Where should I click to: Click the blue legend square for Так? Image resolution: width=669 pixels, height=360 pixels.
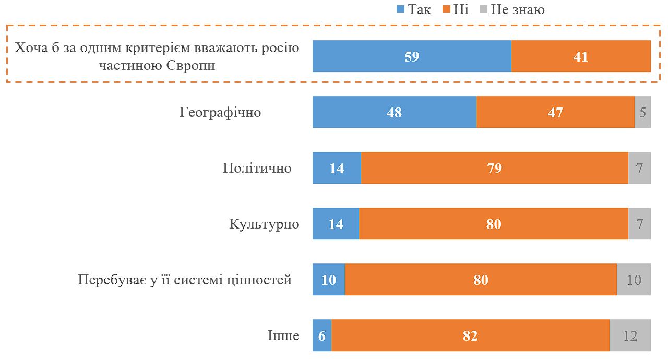[401, 9]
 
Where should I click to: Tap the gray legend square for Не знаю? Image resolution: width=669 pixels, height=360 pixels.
[483, 9]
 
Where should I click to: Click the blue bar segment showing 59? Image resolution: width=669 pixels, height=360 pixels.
[412, 56]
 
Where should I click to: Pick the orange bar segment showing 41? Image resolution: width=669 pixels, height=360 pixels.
[581, 56]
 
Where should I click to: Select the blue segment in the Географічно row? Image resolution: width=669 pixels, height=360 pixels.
[395, 112]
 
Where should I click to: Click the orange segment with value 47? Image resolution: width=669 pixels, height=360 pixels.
[555, 112]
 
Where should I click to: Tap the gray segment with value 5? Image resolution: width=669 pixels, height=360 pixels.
[642, 112]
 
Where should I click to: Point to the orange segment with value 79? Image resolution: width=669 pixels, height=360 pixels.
[494, 168]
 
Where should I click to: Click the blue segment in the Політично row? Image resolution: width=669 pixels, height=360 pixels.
[337, 168]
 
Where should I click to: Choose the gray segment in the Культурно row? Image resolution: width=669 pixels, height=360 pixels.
[639, 224]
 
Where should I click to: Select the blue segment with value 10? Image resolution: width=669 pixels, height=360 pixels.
[329, 280]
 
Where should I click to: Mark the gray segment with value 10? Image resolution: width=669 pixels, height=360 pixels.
[634, 280]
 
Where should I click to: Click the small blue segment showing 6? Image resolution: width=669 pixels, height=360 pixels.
[322, 335]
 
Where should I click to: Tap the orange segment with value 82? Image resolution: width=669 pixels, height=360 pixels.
[470, 335]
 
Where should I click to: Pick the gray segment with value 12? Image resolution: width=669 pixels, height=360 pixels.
[630, 335]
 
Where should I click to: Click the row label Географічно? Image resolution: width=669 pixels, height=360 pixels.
[220, 112]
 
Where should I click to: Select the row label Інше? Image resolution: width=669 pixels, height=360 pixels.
[283, 335]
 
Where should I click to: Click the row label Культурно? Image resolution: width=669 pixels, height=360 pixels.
[264, 224]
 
